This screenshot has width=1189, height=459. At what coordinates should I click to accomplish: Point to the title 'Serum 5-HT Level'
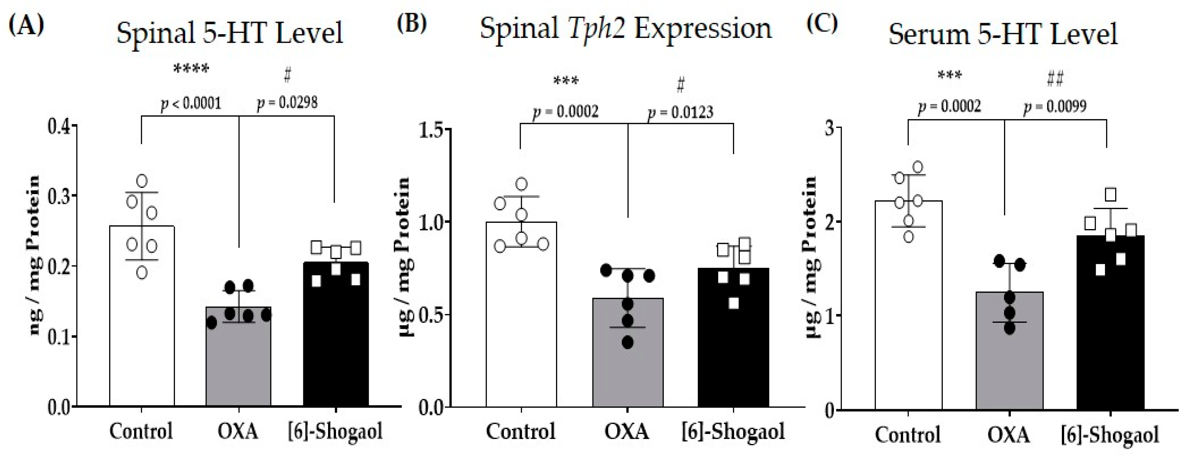(1003, 34)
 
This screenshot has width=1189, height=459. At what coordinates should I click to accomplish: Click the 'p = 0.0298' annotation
(287, 102)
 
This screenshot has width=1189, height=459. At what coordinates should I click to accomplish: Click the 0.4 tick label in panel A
(61, 126)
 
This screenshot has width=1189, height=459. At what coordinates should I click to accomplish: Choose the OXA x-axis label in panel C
(1009, 435)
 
